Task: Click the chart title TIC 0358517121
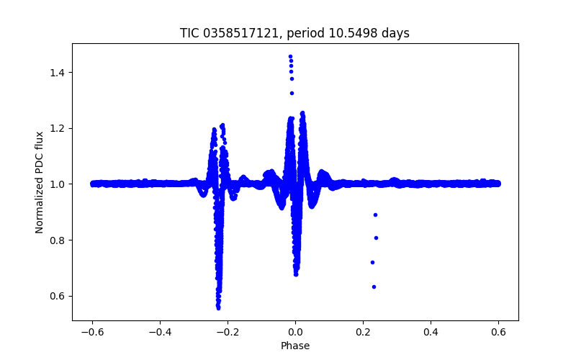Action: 294,33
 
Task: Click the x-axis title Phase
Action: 295,346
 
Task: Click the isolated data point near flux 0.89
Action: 375,215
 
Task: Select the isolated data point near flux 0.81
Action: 376,238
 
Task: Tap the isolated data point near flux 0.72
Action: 372,262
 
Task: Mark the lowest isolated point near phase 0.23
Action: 374,287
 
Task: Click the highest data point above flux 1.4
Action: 290,56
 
